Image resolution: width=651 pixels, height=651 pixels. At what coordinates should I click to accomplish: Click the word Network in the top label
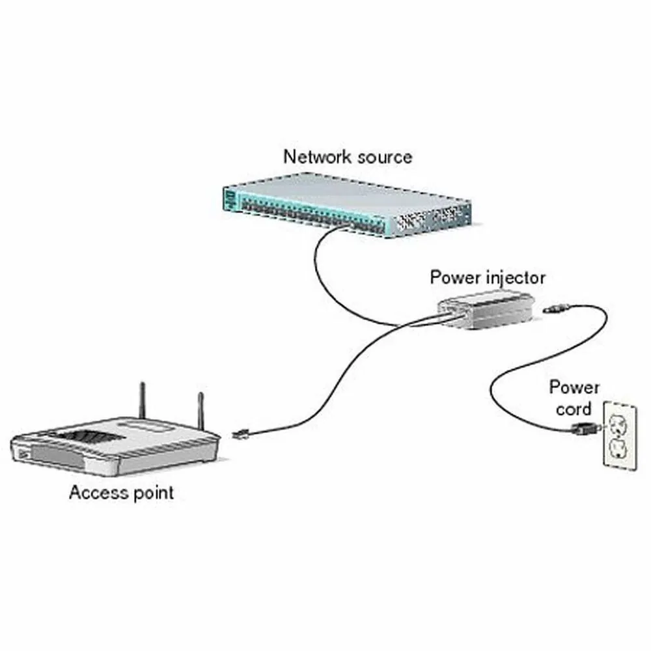coord(316,157)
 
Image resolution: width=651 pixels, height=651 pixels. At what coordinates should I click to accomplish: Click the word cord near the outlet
coord(573,409)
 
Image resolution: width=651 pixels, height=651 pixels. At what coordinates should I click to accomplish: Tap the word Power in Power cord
coord(574,388)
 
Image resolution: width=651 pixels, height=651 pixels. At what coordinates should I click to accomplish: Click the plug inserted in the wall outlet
coord(582,428)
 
